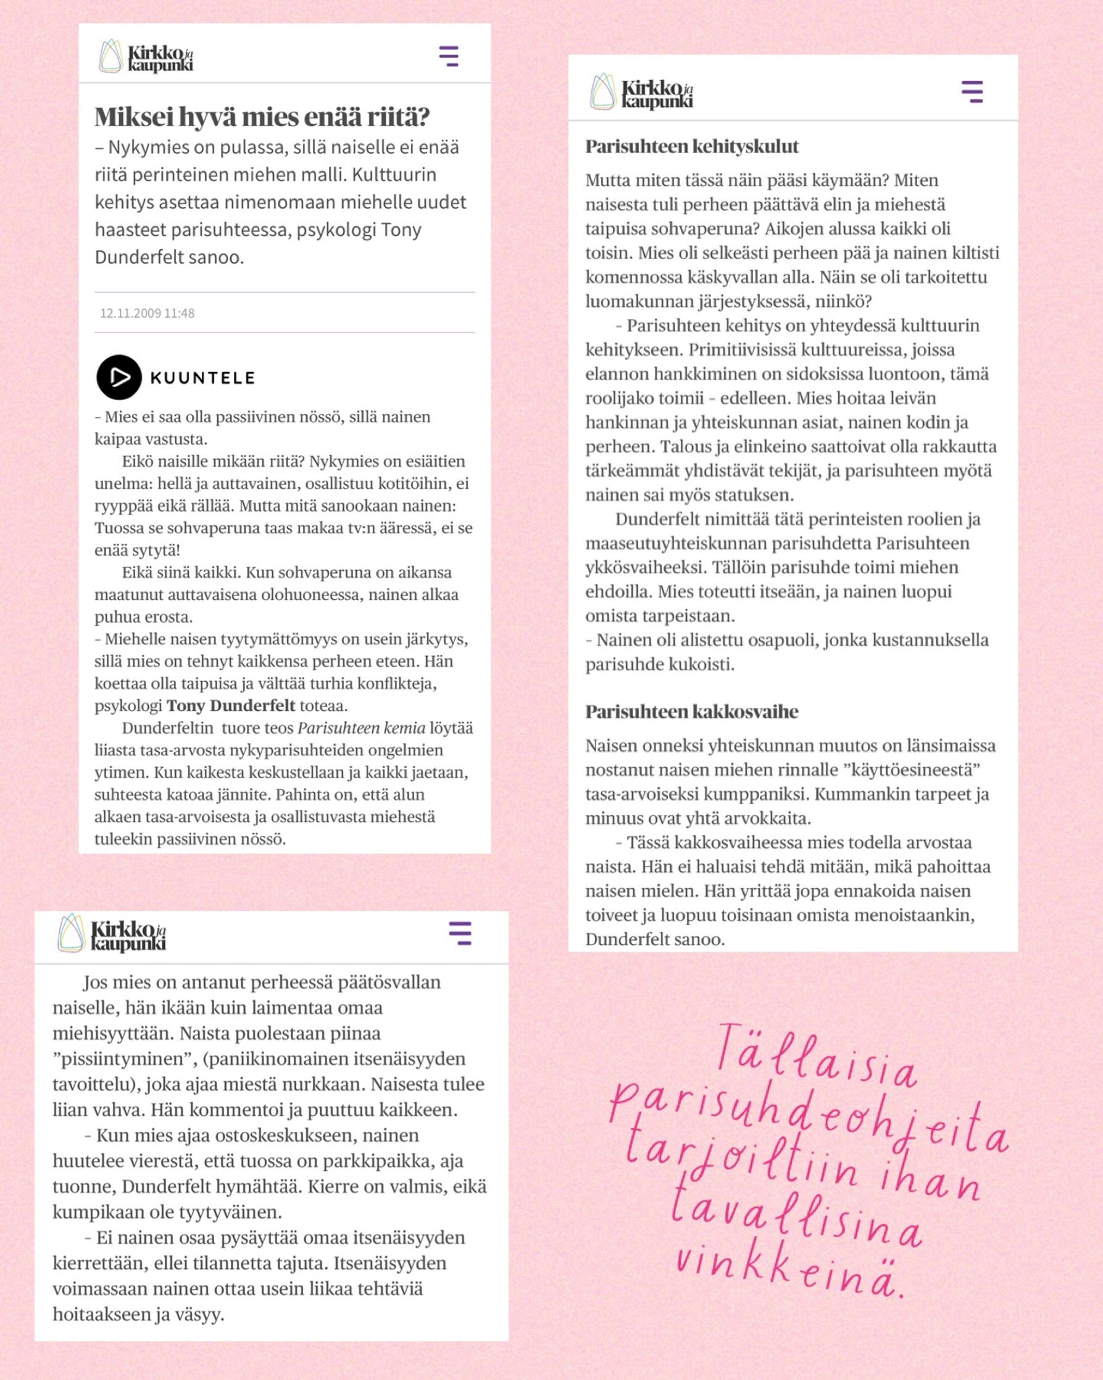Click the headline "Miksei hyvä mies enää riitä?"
pyautogui.click(x=262, y=117)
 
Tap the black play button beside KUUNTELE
pyautogui.click(x=119, y=377)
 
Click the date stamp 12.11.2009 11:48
pyautogui.click(x=148, y=313)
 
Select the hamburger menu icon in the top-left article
pyautogui.click(x=449, y=56)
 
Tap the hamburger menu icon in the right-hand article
pyautogui.click(x=972, y=92)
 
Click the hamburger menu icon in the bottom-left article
pyautogui.click(x=460, y=933)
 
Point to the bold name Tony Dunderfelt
pyautogui.click(x=230, y=705)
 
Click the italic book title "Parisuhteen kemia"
pyautogui.click(x=361, y=728)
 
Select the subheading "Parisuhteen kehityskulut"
pyautogui.click(x=692, y=146)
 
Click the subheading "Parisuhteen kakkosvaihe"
pyautogui.click(x=692, y=712)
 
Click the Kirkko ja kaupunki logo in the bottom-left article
pyautogui.click(x=113, y=934)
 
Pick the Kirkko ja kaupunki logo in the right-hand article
pyautogui.click(x=642, y=92)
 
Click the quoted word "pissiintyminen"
pyautogui.click(x=125, y=1058)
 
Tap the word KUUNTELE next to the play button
pyautogui.click(x=202, y=378)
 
